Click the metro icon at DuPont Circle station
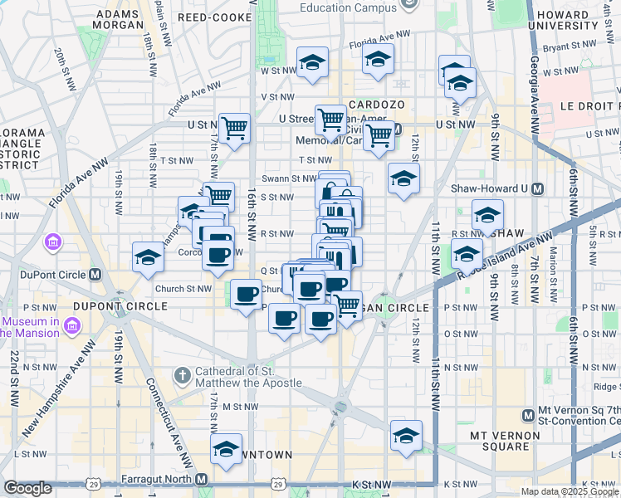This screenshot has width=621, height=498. pyautogui.click(x=95, y=275)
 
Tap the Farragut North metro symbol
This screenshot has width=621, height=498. pyautogui.click(x=202, y=479)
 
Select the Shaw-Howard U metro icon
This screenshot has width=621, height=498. pyautogui.click(x=537, y=189)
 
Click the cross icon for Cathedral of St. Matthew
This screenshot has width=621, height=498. pyautogui.click(x=183, y=376)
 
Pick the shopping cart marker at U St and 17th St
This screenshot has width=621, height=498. pyautogui.click(x=235, y=128)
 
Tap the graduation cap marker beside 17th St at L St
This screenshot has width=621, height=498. pyautogui.click(x=226, y=448)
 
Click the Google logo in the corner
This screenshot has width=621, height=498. pyautogui.click(x=27, y=488)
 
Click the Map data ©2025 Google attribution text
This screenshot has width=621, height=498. pyautogui.click(x=570, y=491)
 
